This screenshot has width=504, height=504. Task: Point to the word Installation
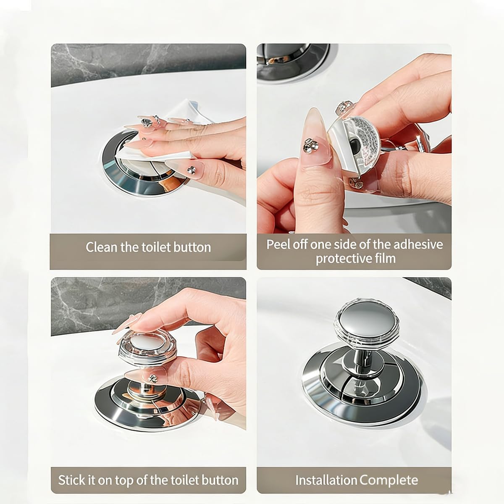coord(326,480)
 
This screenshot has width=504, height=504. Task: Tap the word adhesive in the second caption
coord(417,244)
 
